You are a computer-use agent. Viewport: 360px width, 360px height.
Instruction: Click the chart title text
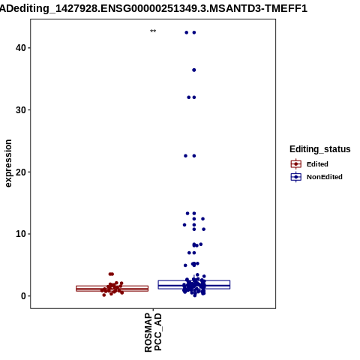coord(154,9)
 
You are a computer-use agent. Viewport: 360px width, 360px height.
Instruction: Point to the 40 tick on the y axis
coord(29,48)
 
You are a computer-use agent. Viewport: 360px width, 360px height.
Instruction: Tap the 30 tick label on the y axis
coord(21,110)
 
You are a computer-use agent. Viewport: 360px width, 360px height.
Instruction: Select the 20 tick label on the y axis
coord(21,172)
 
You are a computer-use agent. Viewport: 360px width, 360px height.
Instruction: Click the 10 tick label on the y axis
coord(21,234)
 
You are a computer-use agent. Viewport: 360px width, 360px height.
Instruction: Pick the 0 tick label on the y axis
coord(24,296)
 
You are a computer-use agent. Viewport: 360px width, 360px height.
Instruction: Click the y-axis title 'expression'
coord(8,163)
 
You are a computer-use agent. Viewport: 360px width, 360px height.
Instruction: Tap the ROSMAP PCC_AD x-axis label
coord(153,332)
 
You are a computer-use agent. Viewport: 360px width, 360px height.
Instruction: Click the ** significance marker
coord(153,31)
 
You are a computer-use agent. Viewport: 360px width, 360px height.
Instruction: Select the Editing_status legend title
coord(320,149)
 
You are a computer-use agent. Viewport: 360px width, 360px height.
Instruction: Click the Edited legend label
coord(317,164)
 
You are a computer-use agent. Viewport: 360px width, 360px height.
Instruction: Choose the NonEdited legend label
coord(325,177)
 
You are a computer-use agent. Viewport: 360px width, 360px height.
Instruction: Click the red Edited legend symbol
coord(296,164)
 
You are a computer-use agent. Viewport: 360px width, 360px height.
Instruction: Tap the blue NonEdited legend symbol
coord(296,177)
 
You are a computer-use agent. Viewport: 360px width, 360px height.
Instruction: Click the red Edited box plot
coord(112,289)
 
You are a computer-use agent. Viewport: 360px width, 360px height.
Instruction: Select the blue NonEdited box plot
coord(194,285)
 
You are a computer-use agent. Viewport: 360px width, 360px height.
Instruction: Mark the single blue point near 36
coord(194,70)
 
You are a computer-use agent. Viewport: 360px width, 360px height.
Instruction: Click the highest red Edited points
coord(111,274)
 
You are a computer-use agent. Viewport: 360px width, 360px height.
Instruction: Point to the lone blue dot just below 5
coord(185,265)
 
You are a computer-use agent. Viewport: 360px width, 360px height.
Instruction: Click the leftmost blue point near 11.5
coord(184,225)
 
